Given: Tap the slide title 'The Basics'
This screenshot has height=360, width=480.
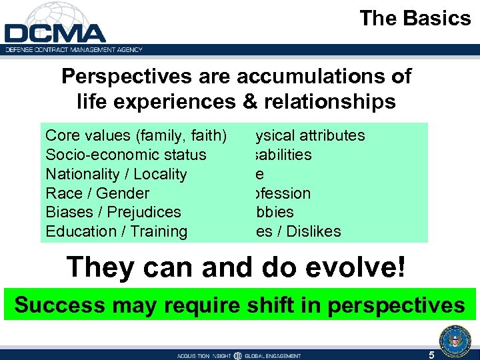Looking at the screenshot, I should [415, 19].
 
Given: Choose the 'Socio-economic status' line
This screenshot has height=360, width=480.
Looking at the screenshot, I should [125, 155].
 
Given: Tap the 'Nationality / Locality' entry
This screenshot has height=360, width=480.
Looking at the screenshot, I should [116, 174].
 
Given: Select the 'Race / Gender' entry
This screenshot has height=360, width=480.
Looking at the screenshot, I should [97, 193].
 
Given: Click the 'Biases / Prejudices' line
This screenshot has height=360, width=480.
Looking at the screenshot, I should [113, 212].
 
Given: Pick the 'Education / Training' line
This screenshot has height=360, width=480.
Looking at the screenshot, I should [116, 231].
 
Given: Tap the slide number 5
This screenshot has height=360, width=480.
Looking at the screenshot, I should [431, 355].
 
